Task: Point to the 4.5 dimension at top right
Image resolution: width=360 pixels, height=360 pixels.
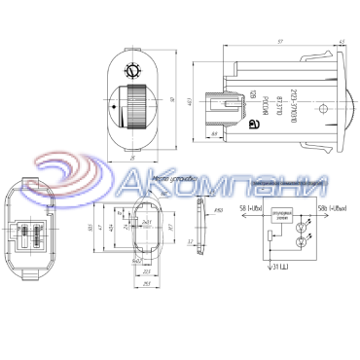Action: click(x=339, y=43)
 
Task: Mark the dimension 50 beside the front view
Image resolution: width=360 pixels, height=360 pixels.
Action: click(x=172, y=100)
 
